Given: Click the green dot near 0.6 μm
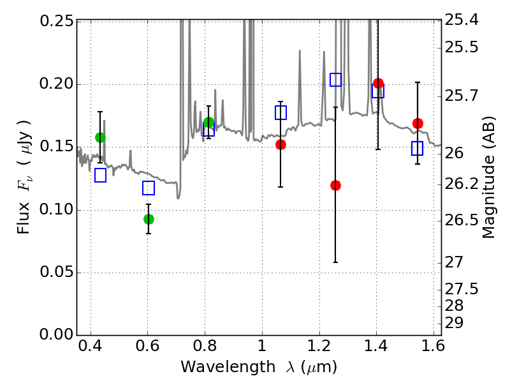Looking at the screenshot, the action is [149, 219].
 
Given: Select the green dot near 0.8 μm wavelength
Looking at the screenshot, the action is [209, 123].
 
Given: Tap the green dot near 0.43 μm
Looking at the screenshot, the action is [101, 137].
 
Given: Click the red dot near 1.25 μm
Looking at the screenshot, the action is [336, 185].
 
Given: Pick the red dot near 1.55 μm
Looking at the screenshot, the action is [418, 123].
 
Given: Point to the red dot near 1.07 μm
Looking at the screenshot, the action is [280, 145].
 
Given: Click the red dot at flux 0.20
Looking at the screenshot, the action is [378, 84].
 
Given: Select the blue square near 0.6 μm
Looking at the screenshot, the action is [149, 188].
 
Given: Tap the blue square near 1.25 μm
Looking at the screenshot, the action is [336, 80].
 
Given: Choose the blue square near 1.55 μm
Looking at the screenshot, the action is [417, 148].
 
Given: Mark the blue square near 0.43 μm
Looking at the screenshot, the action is [101, 175].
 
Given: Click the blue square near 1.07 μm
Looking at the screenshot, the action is [280, 113].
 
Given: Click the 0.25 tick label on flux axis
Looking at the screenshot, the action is [57, 21].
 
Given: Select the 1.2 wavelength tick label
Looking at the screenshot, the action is [319, 346].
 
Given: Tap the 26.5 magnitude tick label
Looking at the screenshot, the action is [461, 220].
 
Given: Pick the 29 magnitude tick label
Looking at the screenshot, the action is [454, 323].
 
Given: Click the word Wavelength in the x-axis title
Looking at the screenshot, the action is [228, 366].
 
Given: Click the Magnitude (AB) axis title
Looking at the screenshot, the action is [488, 177].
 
